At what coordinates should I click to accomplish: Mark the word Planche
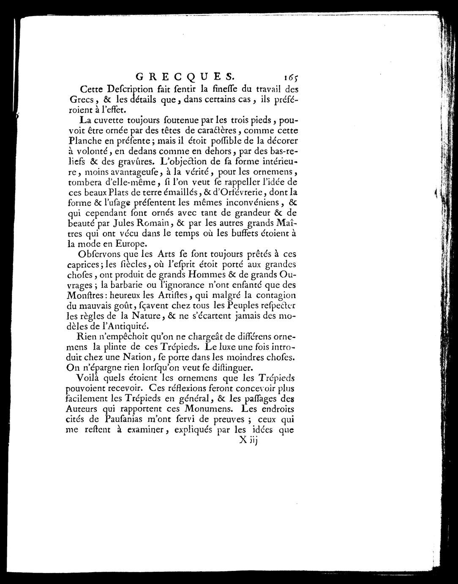coord(85,140)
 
